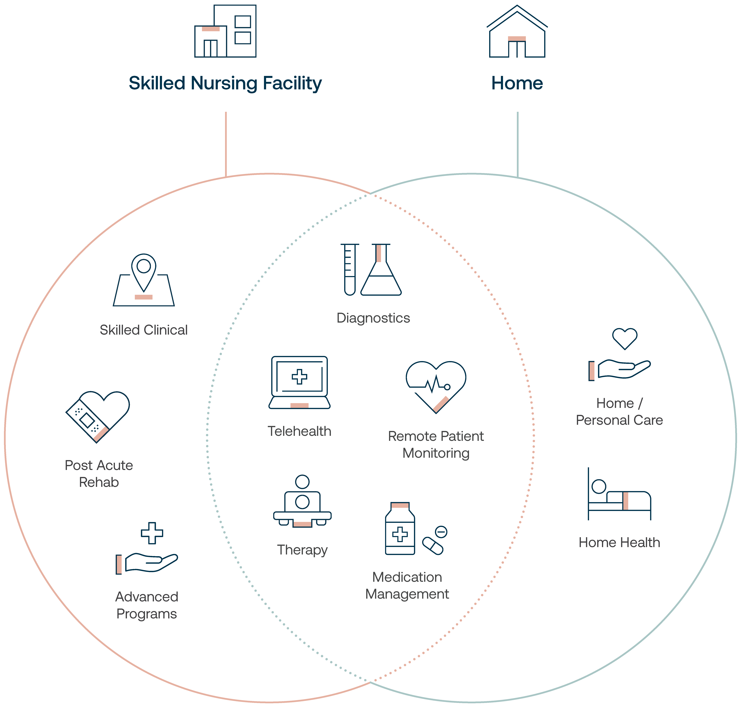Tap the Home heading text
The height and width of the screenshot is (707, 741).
(517, 83)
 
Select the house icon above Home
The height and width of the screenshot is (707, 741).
(517, 31)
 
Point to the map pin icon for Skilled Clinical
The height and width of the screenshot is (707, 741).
(144, 280)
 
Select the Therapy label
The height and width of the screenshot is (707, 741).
(302, 550)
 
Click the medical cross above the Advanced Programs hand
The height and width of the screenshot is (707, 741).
(152, 533)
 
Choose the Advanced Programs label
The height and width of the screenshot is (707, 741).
(147, 605)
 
